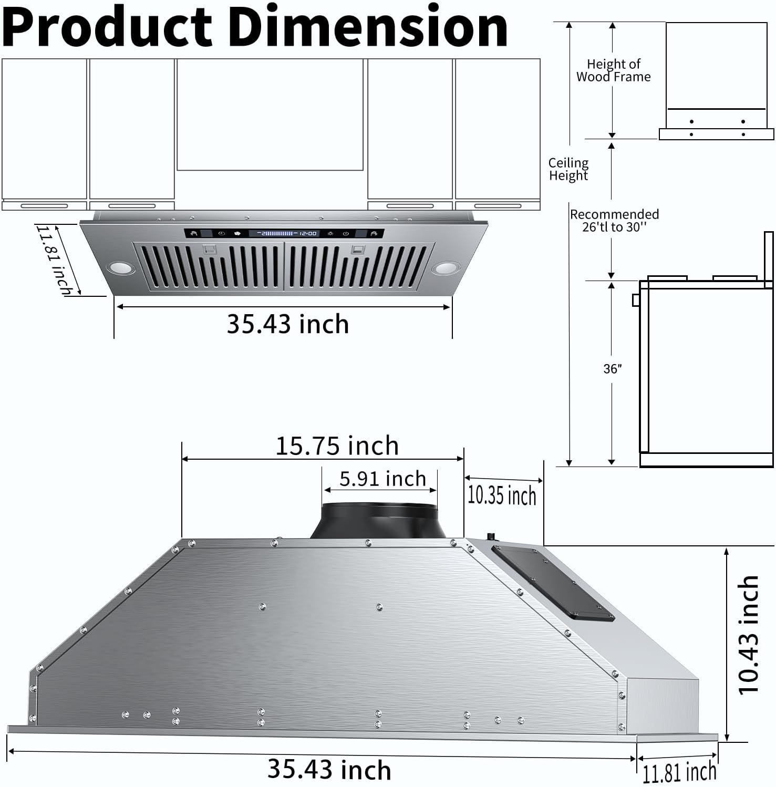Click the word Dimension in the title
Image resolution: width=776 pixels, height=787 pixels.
pyautogui.click(x=368, y=27)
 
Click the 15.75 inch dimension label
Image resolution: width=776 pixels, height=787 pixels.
pyautogui.click(x=337, y=446)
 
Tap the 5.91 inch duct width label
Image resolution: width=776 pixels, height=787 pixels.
pyautogui.click(x=382, y=479)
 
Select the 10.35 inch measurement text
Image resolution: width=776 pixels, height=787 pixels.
pyautogui.click(x=502, y=495)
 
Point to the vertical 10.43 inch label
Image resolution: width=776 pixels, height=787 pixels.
pyautogui.click(x=748, y=635)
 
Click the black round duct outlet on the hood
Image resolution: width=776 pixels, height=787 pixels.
pyautogui.click(x=378, y=520)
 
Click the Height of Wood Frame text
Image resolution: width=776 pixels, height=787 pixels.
pyautogui.click(x=613, y=70)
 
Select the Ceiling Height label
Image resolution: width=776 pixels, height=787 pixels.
pyautogui.click(x=568, y=169)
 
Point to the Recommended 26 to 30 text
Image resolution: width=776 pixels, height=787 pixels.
pyautogui.click(x=614, y=221)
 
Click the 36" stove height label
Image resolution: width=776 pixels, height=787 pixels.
pyautogui.click(x=612, y=369)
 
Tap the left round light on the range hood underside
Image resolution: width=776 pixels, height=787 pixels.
pyautogui.click(x=121, y=269)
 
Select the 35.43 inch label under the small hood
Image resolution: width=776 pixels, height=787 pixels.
pyautogui.click(x=287, y=324)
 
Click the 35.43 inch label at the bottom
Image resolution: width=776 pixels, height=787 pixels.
pyautogui.click(x=329, y=770)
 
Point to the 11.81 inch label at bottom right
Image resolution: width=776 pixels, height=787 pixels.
pyautogui.click(x=679, y=772)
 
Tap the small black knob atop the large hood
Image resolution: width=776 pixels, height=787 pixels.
pyautogui.click(x=492, y=536)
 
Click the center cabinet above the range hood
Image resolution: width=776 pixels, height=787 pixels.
pyautogui.click(x=270, y=114)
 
